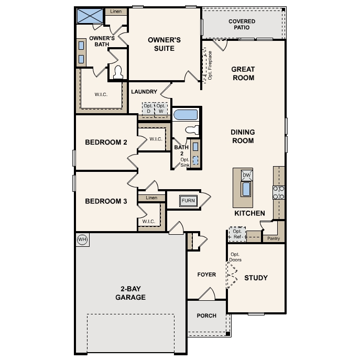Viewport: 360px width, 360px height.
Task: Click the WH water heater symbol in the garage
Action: [x=82, y=239]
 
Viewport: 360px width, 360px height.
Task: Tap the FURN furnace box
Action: [x=188, y=201]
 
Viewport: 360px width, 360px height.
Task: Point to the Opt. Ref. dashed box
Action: [x=237, y=234]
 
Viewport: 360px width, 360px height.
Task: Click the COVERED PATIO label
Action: [x=242, y=25]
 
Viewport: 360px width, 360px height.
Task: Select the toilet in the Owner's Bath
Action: [x=117, y=72]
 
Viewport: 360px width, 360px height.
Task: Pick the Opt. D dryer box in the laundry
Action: [x=147, y=108]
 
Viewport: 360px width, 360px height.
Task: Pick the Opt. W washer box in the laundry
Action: [x=161, y=108]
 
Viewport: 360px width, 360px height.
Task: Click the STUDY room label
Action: [x=256, y=278]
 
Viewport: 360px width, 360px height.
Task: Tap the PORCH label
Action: [x=206, y=316]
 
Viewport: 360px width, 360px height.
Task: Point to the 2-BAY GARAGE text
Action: [x=130, y=293]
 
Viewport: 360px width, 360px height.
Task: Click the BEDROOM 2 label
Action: [x=106, y=142]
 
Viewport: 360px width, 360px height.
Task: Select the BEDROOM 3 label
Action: [x=106, y=200]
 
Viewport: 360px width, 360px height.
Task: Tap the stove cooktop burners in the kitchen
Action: [x=278, y=192]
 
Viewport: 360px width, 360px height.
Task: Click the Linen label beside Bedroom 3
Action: [x=151, y=198]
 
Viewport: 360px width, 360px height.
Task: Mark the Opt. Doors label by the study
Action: [x=236, y=257]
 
